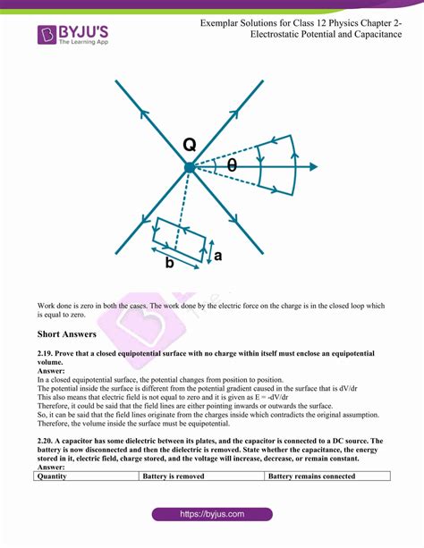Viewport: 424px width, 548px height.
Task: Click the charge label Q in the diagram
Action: (189, 145)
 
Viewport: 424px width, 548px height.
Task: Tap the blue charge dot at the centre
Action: (189, 167)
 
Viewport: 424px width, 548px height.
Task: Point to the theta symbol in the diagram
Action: (232, 166)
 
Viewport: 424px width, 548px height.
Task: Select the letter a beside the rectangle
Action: (217, 257)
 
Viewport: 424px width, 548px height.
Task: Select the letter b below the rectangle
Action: (169, 263)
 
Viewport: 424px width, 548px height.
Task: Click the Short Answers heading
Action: (67, 333)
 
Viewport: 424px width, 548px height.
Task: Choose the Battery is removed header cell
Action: (174, 476)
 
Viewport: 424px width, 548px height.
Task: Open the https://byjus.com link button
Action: (211, 515)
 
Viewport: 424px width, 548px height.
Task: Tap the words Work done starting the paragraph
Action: (55, 305)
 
